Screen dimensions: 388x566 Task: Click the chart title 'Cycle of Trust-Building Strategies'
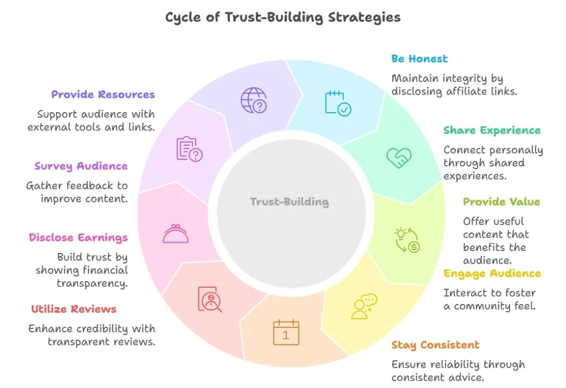(282, 17)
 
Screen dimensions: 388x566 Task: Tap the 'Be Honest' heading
(419, 59)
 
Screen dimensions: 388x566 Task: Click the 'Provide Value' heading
(501, 202)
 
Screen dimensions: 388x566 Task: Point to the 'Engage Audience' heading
(492, 274)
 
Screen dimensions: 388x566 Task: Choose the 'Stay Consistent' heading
(435, 345)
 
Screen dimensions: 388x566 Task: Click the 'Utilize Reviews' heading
(74, 309)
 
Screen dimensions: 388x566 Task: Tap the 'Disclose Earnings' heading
(78, 238)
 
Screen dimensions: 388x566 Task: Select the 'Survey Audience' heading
(81, 166)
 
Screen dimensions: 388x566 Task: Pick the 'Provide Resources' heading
(103, 95)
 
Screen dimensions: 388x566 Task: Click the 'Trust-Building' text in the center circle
(289, 202)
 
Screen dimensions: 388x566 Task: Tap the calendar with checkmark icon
(337, 103)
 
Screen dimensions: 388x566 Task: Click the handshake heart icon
(398, 158)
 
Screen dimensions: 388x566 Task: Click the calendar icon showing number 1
(286, 333)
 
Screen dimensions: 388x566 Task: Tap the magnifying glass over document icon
(210, 299)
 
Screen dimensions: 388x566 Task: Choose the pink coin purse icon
(175, 233)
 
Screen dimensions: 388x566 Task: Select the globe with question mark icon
(254, 101)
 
